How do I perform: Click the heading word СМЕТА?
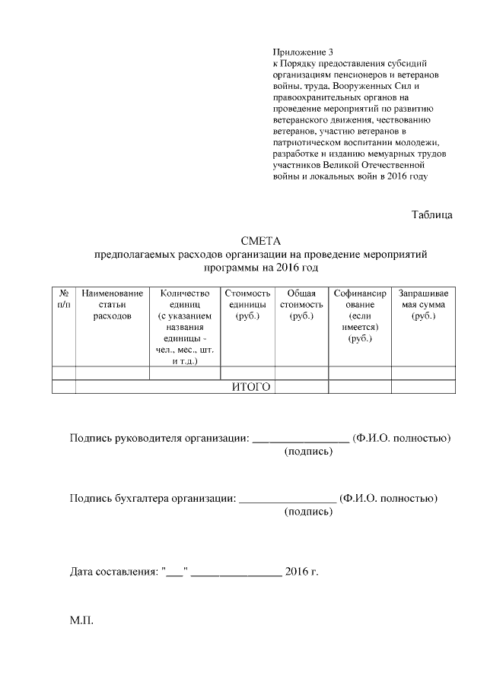(x=261, y=241)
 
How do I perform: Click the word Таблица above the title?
(x=432, y=214)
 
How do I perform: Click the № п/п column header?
(x=64, y=298)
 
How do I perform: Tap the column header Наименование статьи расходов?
(x=113, y=304)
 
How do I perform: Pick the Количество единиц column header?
(x=184, y=327)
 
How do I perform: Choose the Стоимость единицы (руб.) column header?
(x=247, y=304)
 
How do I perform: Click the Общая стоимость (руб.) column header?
(x=301, y=304)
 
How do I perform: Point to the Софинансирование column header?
(x=360, y=315)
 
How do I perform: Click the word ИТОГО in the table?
(x=251, y=387)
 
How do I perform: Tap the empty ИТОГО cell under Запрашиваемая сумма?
(x=423, y=387)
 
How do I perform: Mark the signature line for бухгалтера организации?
(x=288, y=499)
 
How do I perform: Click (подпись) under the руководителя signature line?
(x=308, y=452)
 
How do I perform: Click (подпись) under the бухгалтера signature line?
(x=308, y=512)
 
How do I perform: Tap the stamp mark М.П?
(x=81, y=621)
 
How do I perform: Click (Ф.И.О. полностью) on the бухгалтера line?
(x=389, y=499)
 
